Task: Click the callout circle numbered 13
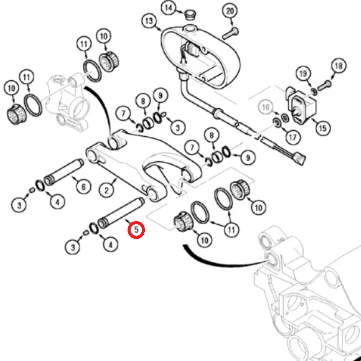149,21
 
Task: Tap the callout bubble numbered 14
169,8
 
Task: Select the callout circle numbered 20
230,11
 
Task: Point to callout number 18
339,66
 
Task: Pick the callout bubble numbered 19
303,73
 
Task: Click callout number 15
323,128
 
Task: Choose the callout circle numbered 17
293,138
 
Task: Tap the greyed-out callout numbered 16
266,107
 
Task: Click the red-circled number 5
136,230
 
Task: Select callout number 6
83,187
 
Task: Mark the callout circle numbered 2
106,190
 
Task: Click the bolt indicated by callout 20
230,33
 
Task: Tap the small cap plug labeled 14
190,14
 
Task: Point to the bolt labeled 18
324,85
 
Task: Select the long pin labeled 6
63,172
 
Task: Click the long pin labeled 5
121,213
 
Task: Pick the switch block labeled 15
301,105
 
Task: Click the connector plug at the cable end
301,158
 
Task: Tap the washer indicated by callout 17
276,122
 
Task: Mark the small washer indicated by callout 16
284,118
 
